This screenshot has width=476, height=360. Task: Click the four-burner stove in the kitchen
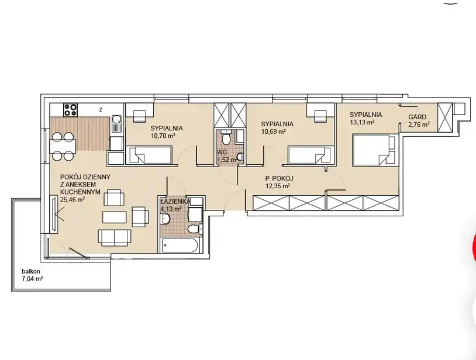[70, 110]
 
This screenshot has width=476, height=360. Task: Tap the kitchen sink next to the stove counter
[116, 124]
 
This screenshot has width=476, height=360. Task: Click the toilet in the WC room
[226, 137]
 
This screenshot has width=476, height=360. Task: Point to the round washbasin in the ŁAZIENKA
[165, 219]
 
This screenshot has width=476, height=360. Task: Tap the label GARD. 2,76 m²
[419, 120]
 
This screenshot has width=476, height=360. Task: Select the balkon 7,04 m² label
[32, 275]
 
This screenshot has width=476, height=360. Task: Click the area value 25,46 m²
[73, 199]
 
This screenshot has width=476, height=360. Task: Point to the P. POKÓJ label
[280, 178]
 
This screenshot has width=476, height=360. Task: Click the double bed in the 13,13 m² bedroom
[375, 150]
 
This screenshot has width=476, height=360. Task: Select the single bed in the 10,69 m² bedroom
[312, 155]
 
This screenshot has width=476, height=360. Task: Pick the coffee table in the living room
[115, 217]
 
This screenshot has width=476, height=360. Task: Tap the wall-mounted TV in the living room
[54, 214]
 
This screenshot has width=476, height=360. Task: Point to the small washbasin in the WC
[240, 157]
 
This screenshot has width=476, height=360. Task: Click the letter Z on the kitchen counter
[101, 110]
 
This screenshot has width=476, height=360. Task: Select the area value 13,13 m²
[361, 122]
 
